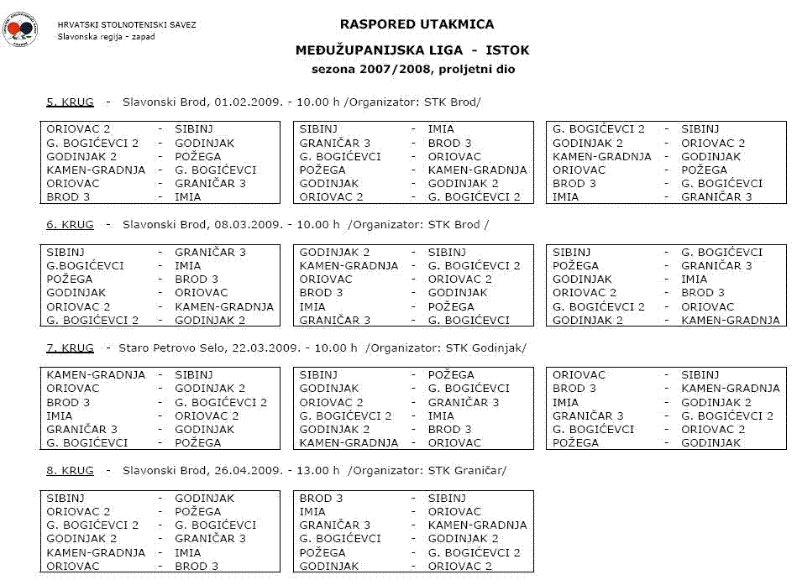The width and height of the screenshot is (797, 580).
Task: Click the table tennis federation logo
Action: point(20,30)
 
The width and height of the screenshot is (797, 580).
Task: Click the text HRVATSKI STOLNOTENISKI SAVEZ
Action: point(127,24)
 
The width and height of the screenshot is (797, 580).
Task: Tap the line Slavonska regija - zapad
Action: point(106,36)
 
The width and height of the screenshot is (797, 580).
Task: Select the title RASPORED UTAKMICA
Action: point(417,24)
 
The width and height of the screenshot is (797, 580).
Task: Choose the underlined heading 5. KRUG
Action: point(70,102)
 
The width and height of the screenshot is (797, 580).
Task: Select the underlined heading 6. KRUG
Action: point(70,225)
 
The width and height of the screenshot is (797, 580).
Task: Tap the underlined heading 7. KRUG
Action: point(70,347)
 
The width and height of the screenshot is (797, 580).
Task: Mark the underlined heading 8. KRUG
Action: point(70,471)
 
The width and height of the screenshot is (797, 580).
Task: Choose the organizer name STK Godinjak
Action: point(481,347)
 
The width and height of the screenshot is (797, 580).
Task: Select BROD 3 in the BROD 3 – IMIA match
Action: point(69,197)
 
